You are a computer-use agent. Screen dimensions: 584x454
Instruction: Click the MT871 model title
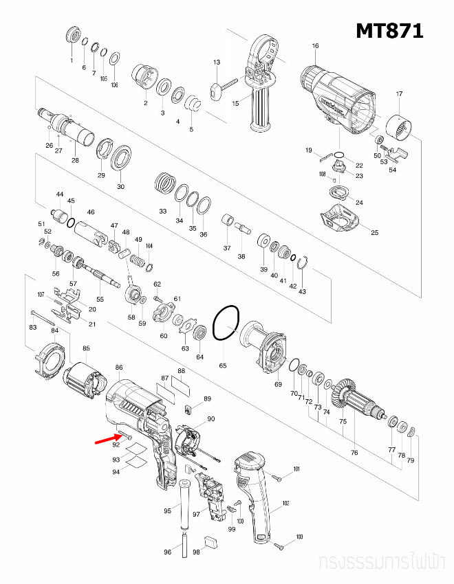point(389,30)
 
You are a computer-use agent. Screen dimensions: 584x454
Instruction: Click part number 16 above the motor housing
point(315,46)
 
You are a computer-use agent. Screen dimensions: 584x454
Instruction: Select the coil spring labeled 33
point(164,183)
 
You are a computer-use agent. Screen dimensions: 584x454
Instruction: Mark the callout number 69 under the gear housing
point(278,384)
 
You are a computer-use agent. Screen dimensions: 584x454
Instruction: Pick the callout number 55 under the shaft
point(100,300)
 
